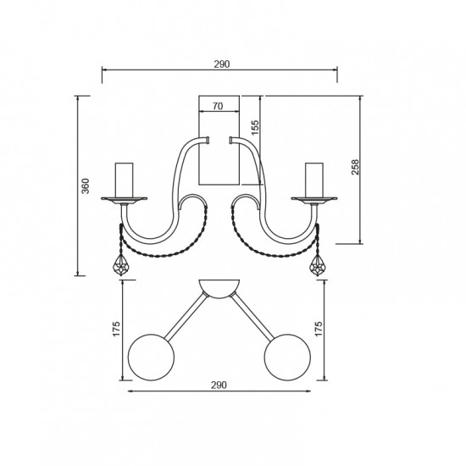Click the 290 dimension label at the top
(x=222, y=64)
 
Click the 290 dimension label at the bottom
(x=219, y=386)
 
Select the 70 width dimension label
(x=218, y=106)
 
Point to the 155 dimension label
(x=255, y=127)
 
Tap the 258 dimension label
(x=355, y=167)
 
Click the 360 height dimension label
(x=86, y=186)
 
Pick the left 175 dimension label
(x=116, y=329)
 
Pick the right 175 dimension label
(x=319, y=329)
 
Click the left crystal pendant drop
(x=121, y=265)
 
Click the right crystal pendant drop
(x=317, y=265)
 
